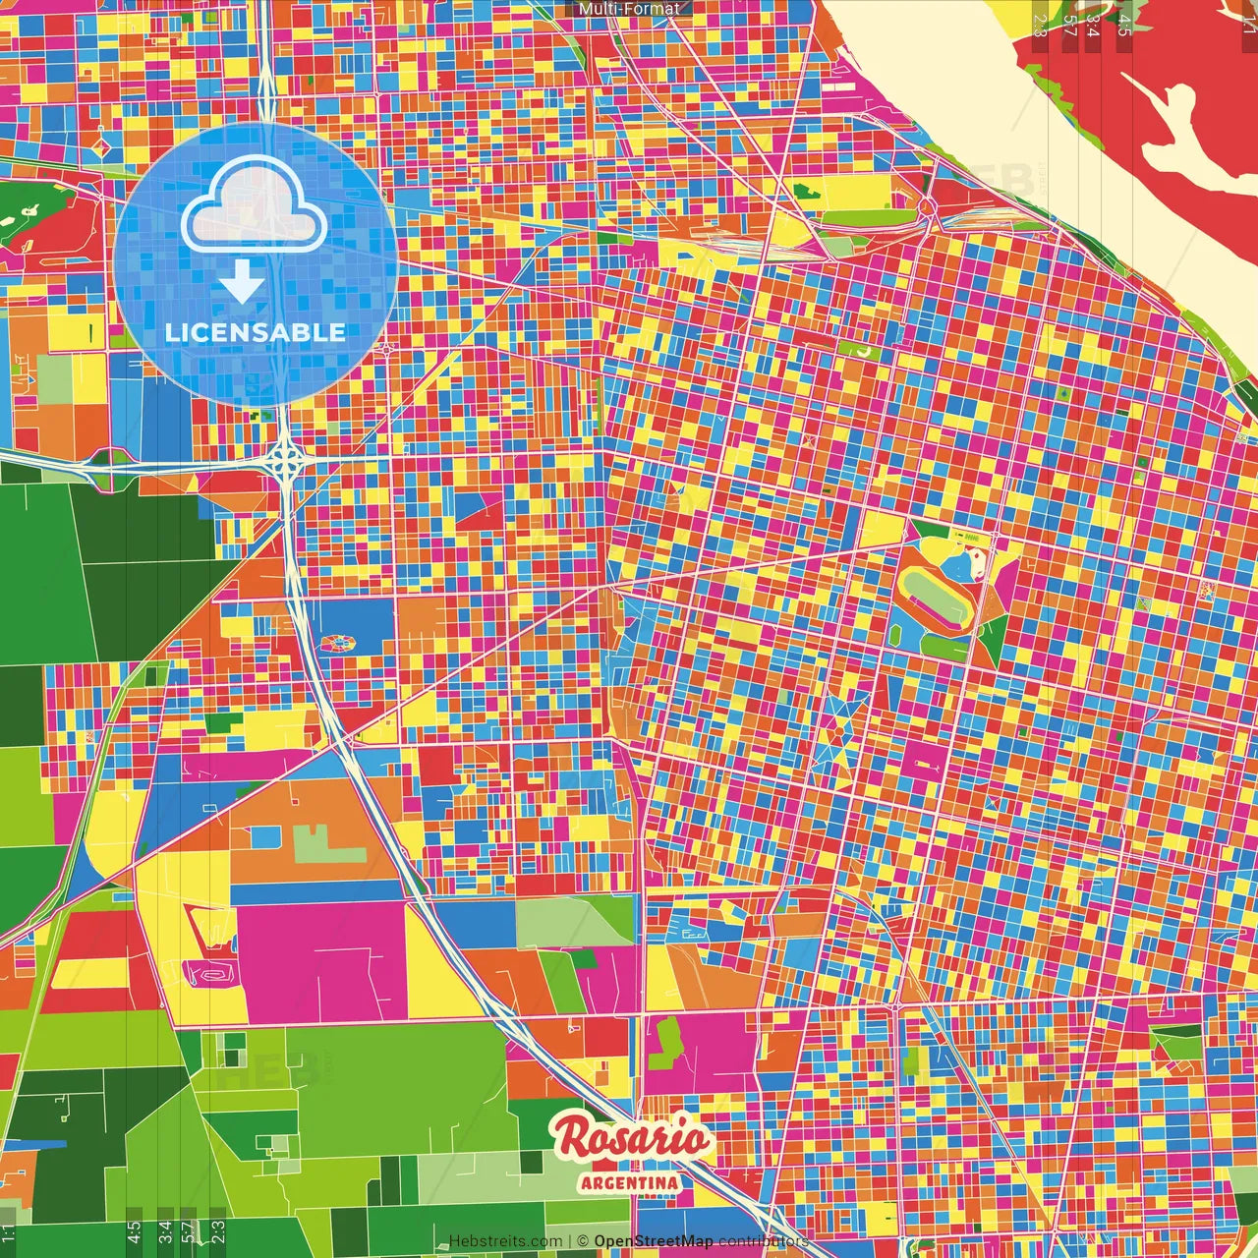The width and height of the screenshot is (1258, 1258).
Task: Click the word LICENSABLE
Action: pyautogui.click(x=256, y=332)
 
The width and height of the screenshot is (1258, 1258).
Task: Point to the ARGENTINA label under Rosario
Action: pyautogui.click(x=629, y=1182)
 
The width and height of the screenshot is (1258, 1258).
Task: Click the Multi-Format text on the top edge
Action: pyautogui.click(x=629, y=9)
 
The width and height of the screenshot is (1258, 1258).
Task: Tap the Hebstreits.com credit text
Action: pyautogui.click(x=505, y=1241)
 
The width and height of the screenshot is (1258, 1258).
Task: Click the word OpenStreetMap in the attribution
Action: pyautogui.click(x=653, y=1241)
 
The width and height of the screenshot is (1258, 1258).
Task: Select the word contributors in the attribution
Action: pyautogui.click(x=763, y=1241)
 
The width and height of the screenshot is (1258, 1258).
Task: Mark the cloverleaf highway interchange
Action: pyautogui.click(x=285, y=457)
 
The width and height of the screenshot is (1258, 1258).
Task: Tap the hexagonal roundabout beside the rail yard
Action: pyautogui.click(x=926, y=205)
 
